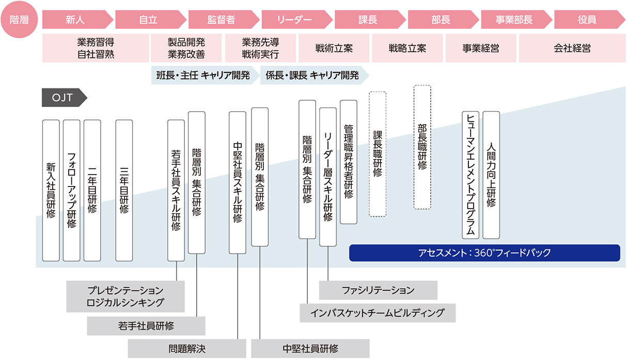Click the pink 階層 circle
(19, 20)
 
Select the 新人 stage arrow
(75, 20)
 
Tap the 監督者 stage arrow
(222, 20)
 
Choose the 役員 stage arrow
(587, 20)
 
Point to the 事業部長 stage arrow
(514, 20)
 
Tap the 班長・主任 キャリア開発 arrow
(205, 75)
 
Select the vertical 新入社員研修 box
(51, 190)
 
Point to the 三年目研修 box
(124, 190)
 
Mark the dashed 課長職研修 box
(378, 154)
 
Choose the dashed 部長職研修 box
(422, 147)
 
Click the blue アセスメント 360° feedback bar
(484, 253)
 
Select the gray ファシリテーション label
(378, 290)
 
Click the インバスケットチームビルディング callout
(378, 313)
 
